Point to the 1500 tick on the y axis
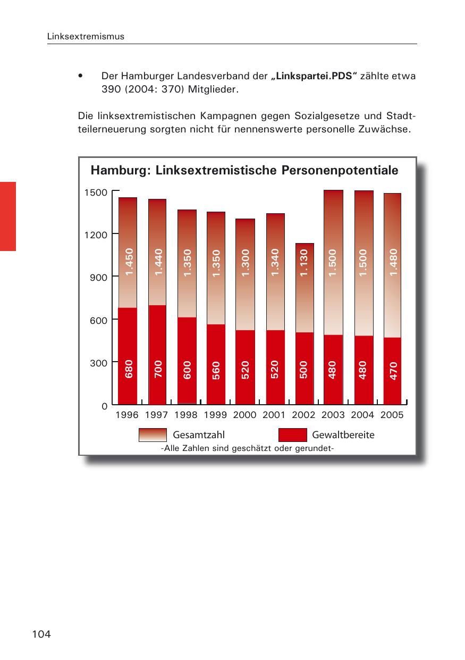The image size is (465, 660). click(96, 192)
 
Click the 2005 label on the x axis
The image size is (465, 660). click(392, 415)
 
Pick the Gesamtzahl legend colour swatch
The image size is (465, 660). click(153, 435)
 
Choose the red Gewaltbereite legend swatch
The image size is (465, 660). click(292, 435)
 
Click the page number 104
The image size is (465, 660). click(41, 634)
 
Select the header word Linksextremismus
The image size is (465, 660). click(86, 37)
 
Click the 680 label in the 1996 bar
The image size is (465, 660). click(128, 369)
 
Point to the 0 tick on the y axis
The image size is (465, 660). click(104, 406)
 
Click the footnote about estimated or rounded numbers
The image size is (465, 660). click(247, 448)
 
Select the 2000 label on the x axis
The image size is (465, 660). click(244, 415)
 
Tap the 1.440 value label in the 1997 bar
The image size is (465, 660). click(158, 262)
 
